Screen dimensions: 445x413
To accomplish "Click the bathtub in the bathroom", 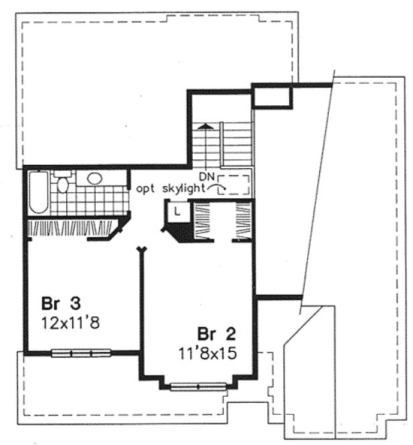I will (39, 193).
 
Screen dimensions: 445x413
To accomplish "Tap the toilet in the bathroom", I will (62, 182).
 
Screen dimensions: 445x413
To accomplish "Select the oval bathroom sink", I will (94, 179).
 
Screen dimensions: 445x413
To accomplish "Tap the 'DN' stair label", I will (205, 176).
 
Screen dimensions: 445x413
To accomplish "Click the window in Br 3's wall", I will (81, 352).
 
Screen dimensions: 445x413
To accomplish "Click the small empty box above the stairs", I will (272, 99).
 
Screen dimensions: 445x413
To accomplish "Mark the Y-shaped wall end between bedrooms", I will (141, 251).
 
